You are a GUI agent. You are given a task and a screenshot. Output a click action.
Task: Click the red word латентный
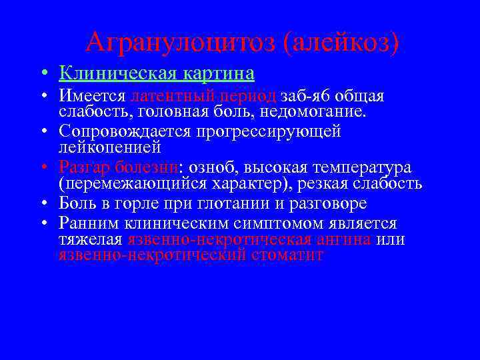coord(167,97)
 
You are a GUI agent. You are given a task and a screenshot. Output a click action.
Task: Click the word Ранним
coord(87,223)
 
